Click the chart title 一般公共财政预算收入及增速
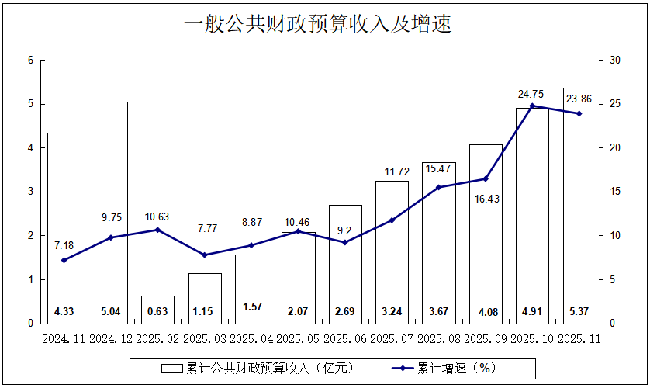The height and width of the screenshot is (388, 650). (317, 25)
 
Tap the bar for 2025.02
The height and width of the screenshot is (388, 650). (157, 309)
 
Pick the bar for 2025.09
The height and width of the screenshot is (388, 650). (486, 233)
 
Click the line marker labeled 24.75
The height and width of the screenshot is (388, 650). (532, 106)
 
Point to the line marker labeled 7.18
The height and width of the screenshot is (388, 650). (64, 260)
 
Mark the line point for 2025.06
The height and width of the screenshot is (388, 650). (345, 242)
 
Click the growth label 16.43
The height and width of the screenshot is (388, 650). (486, 199)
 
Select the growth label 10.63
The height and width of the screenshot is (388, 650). (157, 217)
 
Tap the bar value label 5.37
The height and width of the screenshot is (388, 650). (579, 312)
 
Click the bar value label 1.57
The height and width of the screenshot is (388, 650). (251, 307)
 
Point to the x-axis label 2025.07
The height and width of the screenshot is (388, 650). (392, 339)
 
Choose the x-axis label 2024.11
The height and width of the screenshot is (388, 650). (64, 339)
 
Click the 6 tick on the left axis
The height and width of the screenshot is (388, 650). (30, 60)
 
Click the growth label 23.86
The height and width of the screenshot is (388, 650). (579, 99)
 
